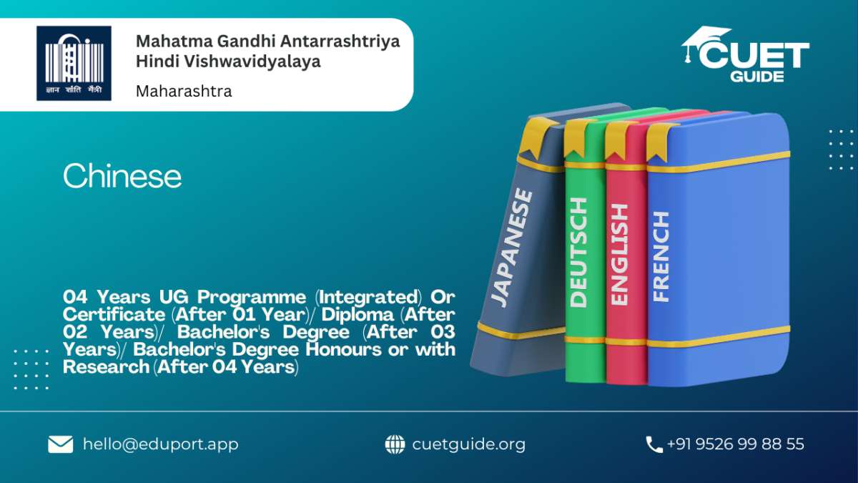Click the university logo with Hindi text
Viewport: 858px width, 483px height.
point(74,63)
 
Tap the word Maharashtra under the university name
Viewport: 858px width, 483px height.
point(184,92)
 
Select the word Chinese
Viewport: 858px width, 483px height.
point(122,175)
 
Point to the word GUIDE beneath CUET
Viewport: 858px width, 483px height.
point(757,77)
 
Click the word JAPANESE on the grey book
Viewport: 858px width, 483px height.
point(512,248)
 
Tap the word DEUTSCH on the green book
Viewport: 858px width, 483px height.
point(578,253)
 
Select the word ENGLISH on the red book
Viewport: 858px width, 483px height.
point(619,255)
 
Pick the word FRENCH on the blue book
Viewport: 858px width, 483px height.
point(661,256)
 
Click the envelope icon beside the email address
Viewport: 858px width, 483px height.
point(61,444)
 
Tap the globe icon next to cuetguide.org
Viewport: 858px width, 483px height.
point(395,444)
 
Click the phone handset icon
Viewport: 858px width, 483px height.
point(654,444)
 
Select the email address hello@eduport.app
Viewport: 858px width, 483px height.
point(160,444)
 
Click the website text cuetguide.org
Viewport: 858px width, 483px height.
point(469,444)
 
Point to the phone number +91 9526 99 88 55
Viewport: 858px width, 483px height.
point(736,444)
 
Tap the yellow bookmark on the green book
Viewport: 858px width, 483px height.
point(576,137)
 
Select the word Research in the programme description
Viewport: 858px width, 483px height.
point(106,367)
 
